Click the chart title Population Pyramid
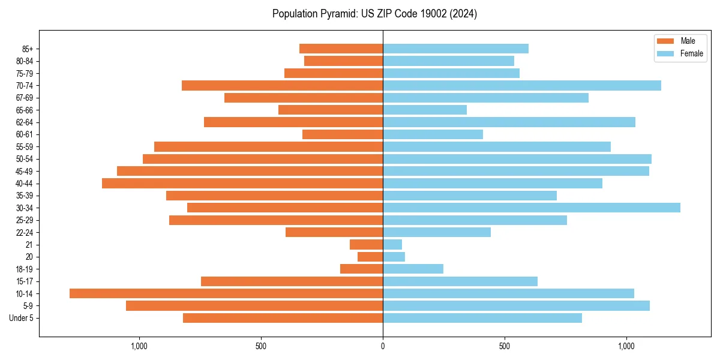click(374, 14)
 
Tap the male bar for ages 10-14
click(226, 293)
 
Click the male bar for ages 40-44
click(242, 183)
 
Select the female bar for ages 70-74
click(522, 85)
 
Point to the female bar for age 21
click(392, 244)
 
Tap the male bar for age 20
click(370, 257)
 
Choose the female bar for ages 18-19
click(413, 269)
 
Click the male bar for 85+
click(341, 49)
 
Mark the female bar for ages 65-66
click(425, 110)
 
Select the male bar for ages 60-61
click(343, 134)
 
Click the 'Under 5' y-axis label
click(21, 318)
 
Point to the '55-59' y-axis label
click(25, 146)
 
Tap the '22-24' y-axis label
click(25, 232)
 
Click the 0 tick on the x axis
click(383, 346)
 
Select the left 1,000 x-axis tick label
click(139, 346)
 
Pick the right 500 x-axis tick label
click(505, 346)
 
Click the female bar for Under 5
click(482, 318)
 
